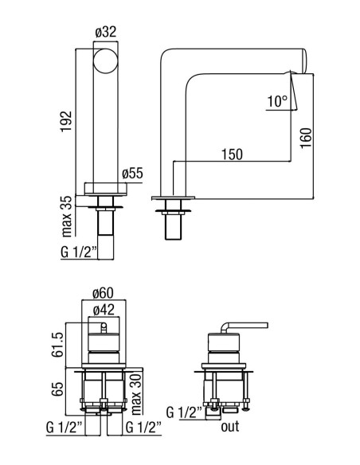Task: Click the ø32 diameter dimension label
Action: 106,32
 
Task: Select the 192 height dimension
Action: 66,121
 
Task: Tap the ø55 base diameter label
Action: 132,174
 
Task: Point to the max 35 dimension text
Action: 68,216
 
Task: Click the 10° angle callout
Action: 277,101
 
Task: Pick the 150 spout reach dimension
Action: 232,154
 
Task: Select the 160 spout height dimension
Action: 306,138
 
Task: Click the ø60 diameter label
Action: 103,293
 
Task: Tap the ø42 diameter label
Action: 104,310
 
